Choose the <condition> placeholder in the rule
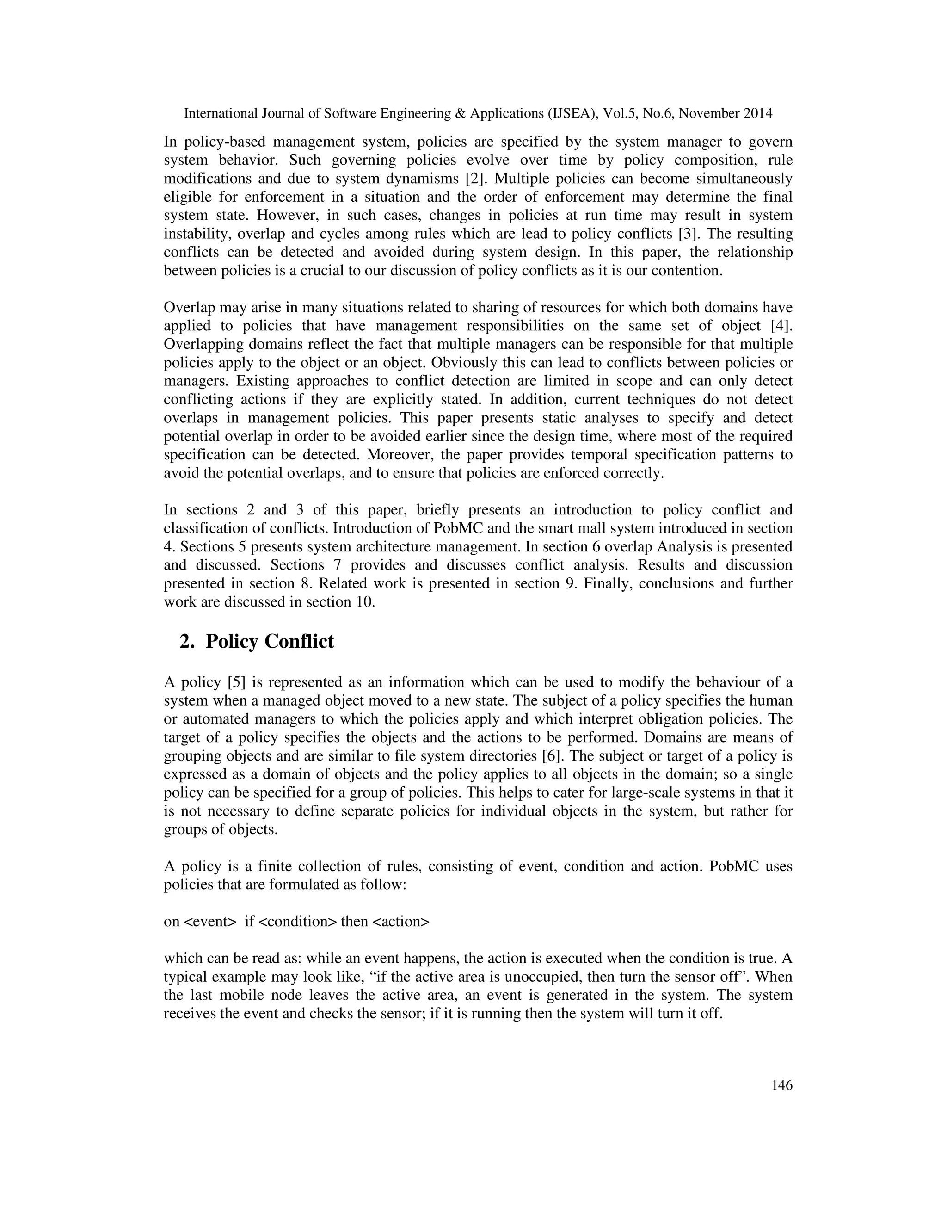[297, 921]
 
